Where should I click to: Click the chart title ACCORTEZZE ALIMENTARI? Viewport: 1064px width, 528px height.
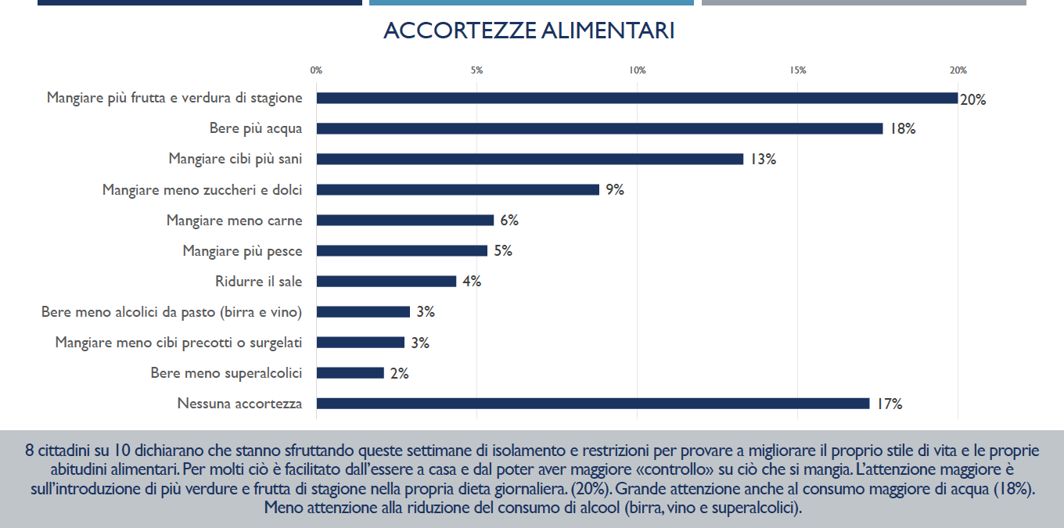coord(529,31)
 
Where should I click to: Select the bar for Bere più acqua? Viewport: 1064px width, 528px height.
coord(599,128)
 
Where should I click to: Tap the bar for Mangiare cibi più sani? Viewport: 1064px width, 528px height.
coord(530,159)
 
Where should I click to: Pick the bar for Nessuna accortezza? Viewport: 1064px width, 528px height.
coord(592,404)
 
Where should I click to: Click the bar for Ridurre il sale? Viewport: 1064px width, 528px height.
coord(386,282)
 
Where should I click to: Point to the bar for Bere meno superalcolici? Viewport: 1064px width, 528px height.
coord(350,373)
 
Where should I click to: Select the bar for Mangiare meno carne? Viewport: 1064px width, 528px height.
coord(404,221)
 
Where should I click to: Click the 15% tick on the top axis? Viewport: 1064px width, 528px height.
coord(798,70)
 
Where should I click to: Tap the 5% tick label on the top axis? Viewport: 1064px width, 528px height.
coord(476,70)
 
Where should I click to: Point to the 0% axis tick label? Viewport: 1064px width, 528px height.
coord(316,70)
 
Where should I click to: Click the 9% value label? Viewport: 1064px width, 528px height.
coord(614,190)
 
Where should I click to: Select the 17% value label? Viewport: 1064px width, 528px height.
coord(890,404)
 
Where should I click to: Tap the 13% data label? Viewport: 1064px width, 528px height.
coord(763,160)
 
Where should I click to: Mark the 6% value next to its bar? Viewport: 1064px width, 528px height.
coord(509,221)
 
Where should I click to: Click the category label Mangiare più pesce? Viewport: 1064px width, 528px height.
coord(243,251)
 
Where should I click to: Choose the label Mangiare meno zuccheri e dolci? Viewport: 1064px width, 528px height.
coord(202,190)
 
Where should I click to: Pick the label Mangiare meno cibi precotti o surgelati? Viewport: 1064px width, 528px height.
coord(178,343)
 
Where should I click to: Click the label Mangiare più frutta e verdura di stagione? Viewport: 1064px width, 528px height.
coord(174,98)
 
